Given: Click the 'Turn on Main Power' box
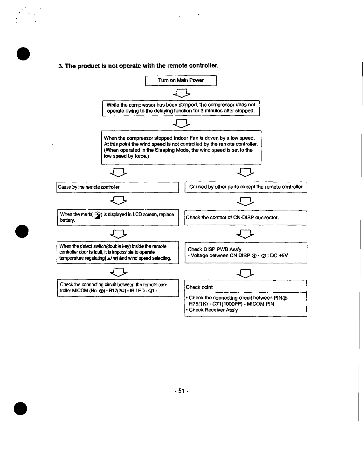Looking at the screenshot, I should pyautogui.click(x=181, y=80).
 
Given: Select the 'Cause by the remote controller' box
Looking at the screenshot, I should pyautogui.click(x=117, y=187).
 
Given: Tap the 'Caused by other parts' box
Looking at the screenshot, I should pyautogui.click(x=246, y=187).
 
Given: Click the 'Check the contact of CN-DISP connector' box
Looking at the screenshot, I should pyautogui.click(x=246, y=218).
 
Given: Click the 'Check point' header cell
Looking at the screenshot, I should pyautogui.click(x=246, y=287).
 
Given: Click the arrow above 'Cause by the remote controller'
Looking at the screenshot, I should pyautogui.click(x=118, y=173).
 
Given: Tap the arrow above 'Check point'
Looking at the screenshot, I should pyautogui.click(x=246, y=273).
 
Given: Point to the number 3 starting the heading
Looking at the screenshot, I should pyautogui.click(x=60, y=66).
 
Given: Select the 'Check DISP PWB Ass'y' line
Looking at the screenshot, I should pyautogui.click(x=215, y=249).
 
